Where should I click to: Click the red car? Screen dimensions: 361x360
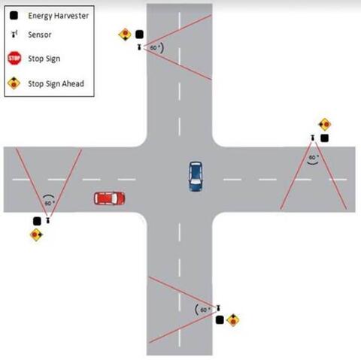109,198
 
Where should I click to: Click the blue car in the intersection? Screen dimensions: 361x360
196,177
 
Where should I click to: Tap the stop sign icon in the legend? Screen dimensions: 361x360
14,58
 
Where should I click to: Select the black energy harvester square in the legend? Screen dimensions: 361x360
14,16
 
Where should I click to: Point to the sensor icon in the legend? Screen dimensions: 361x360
14,34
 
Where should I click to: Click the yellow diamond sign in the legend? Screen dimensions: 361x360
14,83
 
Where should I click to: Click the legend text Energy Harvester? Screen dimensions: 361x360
59,16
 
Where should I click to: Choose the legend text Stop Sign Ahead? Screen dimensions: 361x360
56,83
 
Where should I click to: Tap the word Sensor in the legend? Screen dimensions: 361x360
40,35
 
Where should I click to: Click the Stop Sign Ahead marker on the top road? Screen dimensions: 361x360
125,35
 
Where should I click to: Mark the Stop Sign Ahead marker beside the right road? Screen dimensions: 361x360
325,124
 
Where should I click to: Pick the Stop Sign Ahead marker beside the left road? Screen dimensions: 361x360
36,234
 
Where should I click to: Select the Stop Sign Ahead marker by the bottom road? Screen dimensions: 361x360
233,320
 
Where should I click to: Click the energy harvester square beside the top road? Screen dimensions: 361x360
139,35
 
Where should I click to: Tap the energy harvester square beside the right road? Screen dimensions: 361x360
324,138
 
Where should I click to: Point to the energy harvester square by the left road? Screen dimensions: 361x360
37,221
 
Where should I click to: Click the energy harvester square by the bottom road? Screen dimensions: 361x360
220,319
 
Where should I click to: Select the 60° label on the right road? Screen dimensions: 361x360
314,157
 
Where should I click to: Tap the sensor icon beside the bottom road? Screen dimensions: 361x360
218,308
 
